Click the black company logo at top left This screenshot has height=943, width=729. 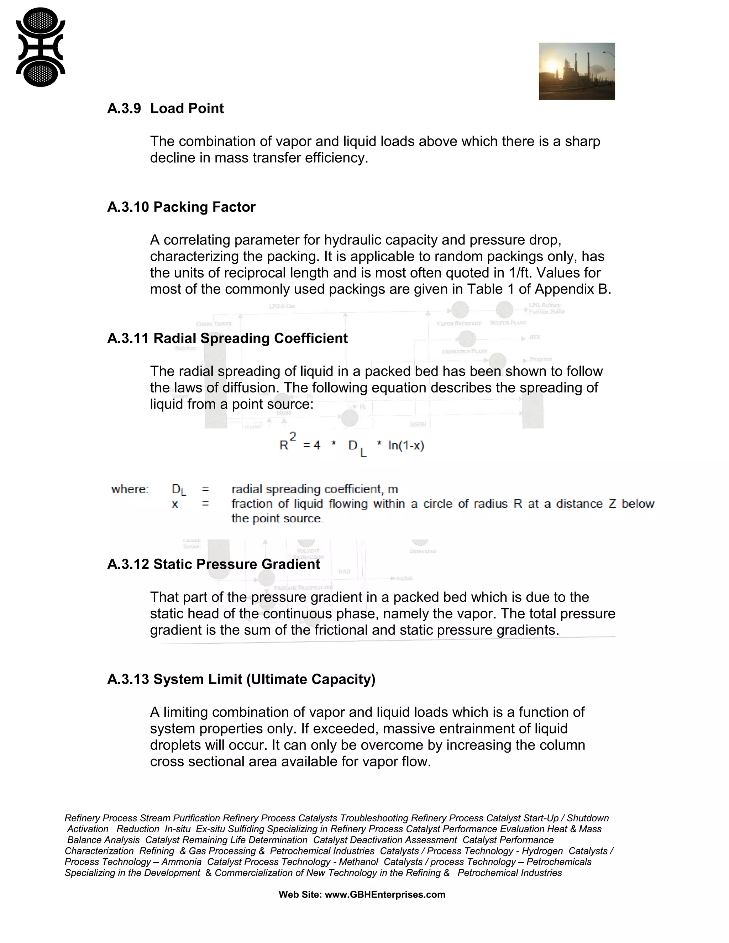[x=40, y=47]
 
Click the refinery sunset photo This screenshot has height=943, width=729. [x=577, y=71]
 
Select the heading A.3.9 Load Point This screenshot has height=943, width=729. [x=166, y=109]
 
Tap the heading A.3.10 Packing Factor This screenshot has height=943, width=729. [x=182, y=207]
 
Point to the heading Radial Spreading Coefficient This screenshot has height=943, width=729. [x=251, y=338]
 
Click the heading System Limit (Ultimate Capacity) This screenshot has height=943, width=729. [x=264, y=679]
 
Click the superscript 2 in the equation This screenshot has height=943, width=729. [x=293, y=437]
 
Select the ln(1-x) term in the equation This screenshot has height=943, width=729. [x=406, y=446]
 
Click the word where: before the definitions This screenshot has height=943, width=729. [x=130, y=489]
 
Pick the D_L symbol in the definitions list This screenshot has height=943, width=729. [x=179, y=490]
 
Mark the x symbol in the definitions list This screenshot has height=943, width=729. [x=174, y=504]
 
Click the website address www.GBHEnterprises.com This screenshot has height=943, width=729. [x=385, y=895]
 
